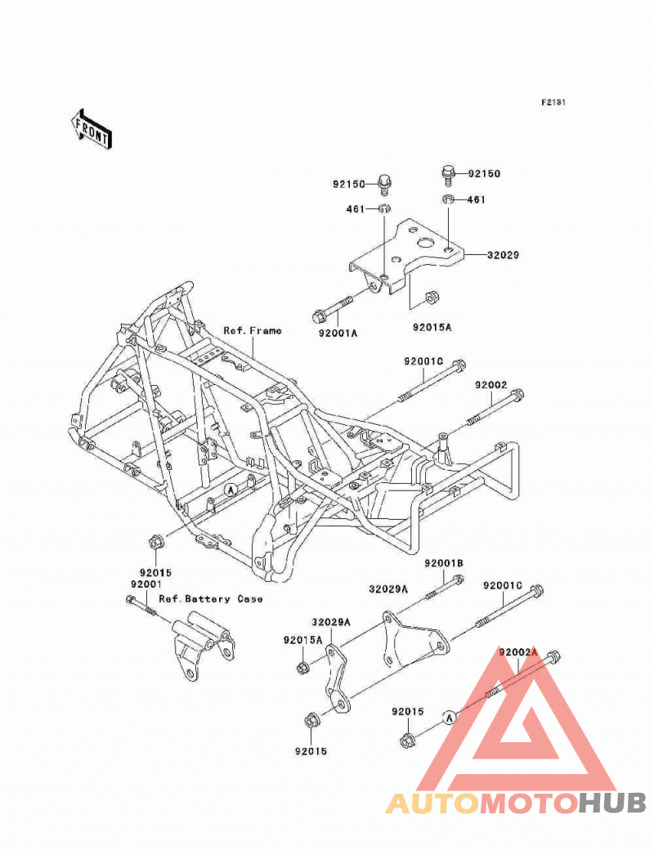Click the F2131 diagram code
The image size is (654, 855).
[553, 102]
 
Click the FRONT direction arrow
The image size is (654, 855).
[91, 129]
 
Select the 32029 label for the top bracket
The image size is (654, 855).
[503, 255]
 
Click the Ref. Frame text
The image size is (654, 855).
[253, 330]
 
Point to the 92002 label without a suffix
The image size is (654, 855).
[491, 385]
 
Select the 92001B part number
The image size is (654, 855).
[444, 563]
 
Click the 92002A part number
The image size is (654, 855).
[518, 652]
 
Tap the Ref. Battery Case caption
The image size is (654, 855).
[211, 598]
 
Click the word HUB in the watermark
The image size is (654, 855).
[612, 803]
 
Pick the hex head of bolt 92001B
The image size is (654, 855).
[458, 579]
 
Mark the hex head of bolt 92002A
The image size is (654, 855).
[553, 655]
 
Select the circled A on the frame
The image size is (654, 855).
[231, 490]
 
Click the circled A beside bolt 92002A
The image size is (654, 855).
[449, 718]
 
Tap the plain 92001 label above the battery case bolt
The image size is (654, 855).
[146, 584]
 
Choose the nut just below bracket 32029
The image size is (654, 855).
[430, 298]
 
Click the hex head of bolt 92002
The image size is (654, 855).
[517, 394]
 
